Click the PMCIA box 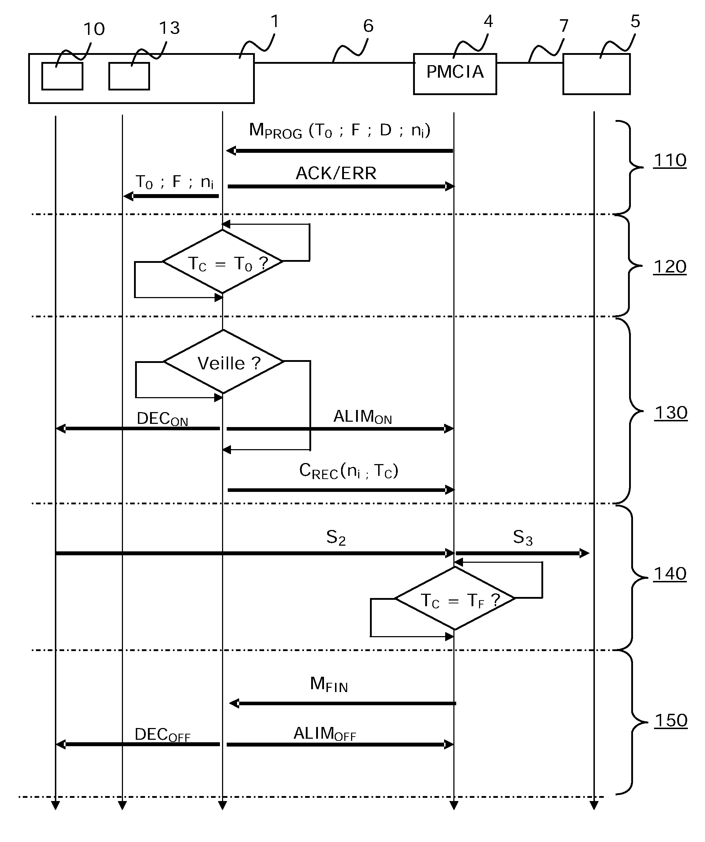click(x=455, y=74)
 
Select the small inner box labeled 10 click(x=62, y=76)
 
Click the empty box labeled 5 click(x=596, y=74)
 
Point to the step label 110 click(x=670, y=160)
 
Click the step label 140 click(x=670, y=574)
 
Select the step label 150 click(x=670, y=721)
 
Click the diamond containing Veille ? click(x=223, y=362)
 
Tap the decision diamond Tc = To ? click(x=223, y=262)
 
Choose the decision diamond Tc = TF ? click(x=455, y=599)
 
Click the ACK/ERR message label click(x=336, y=173)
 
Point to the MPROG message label click(x=339, y=131)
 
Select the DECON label click(x=162, y=419)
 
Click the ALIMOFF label click(x=325, y=734)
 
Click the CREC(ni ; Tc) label click(x=348, y=471)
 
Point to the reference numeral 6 click(x=368, y=26)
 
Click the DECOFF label click(x=162, y=734)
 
